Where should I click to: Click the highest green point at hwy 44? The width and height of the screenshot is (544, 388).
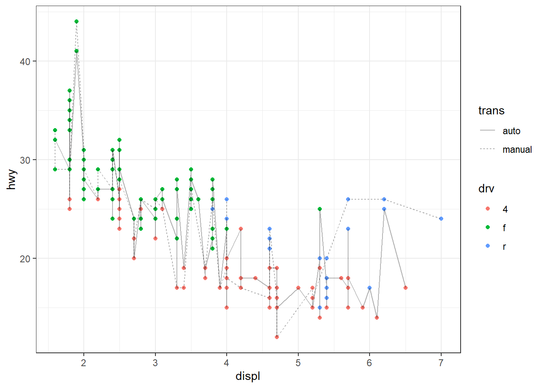[76, 22]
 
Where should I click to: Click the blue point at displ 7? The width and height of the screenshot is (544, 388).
[441, 219]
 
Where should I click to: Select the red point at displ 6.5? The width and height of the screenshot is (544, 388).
[405, 288]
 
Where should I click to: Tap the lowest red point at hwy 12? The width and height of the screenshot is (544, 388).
[277, 337]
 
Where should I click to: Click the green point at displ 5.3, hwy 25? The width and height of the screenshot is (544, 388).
[320, 209]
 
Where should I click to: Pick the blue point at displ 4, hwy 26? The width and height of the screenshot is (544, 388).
[227, 199]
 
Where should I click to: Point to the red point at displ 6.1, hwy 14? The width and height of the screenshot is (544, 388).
[377, 318]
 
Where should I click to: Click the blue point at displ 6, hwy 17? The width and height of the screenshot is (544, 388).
[370, 288]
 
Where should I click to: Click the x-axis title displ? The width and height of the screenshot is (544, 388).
[248, 376]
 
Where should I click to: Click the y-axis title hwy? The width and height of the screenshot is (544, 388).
[12, 179]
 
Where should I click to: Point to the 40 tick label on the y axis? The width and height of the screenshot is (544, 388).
[25, 61]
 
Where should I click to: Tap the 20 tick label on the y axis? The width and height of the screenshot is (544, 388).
[25, 259]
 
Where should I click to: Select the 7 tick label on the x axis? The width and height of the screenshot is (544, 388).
[441, 363]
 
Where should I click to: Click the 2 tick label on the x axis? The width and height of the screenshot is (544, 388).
[84, 363]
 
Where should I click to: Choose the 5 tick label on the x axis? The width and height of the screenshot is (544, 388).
[298, 363]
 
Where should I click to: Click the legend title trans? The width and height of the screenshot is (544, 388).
[491, 111]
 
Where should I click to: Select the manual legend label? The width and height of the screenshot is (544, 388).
[517, 150]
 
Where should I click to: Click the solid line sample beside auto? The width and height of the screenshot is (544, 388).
[488, 131]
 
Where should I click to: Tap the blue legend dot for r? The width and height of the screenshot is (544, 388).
[488, 246]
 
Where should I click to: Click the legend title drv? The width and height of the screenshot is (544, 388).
[486, 189]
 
